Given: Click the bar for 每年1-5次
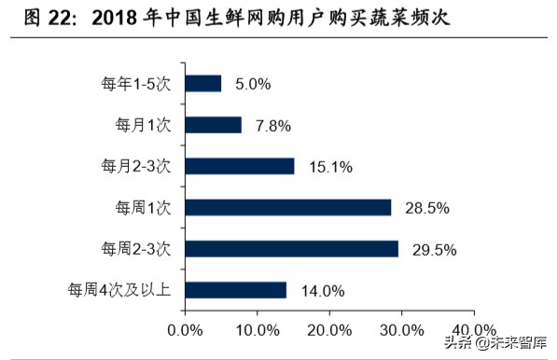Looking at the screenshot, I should coord(203,83).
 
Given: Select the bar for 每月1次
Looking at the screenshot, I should coord(214,124).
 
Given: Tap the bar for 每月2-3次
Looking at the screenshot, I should coord(240,166).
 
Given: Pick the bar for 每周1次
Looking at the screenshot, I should coord(288,207).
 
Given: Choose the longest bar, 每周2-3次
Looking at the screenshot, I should coord(292,248).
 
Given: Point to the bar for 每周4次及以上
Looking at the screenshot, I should coord(236,290).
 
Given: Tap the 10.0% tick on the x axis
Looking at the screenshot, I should coord(258,331).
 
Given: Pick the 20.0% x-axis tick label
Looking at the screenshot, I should coord(329,331).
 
